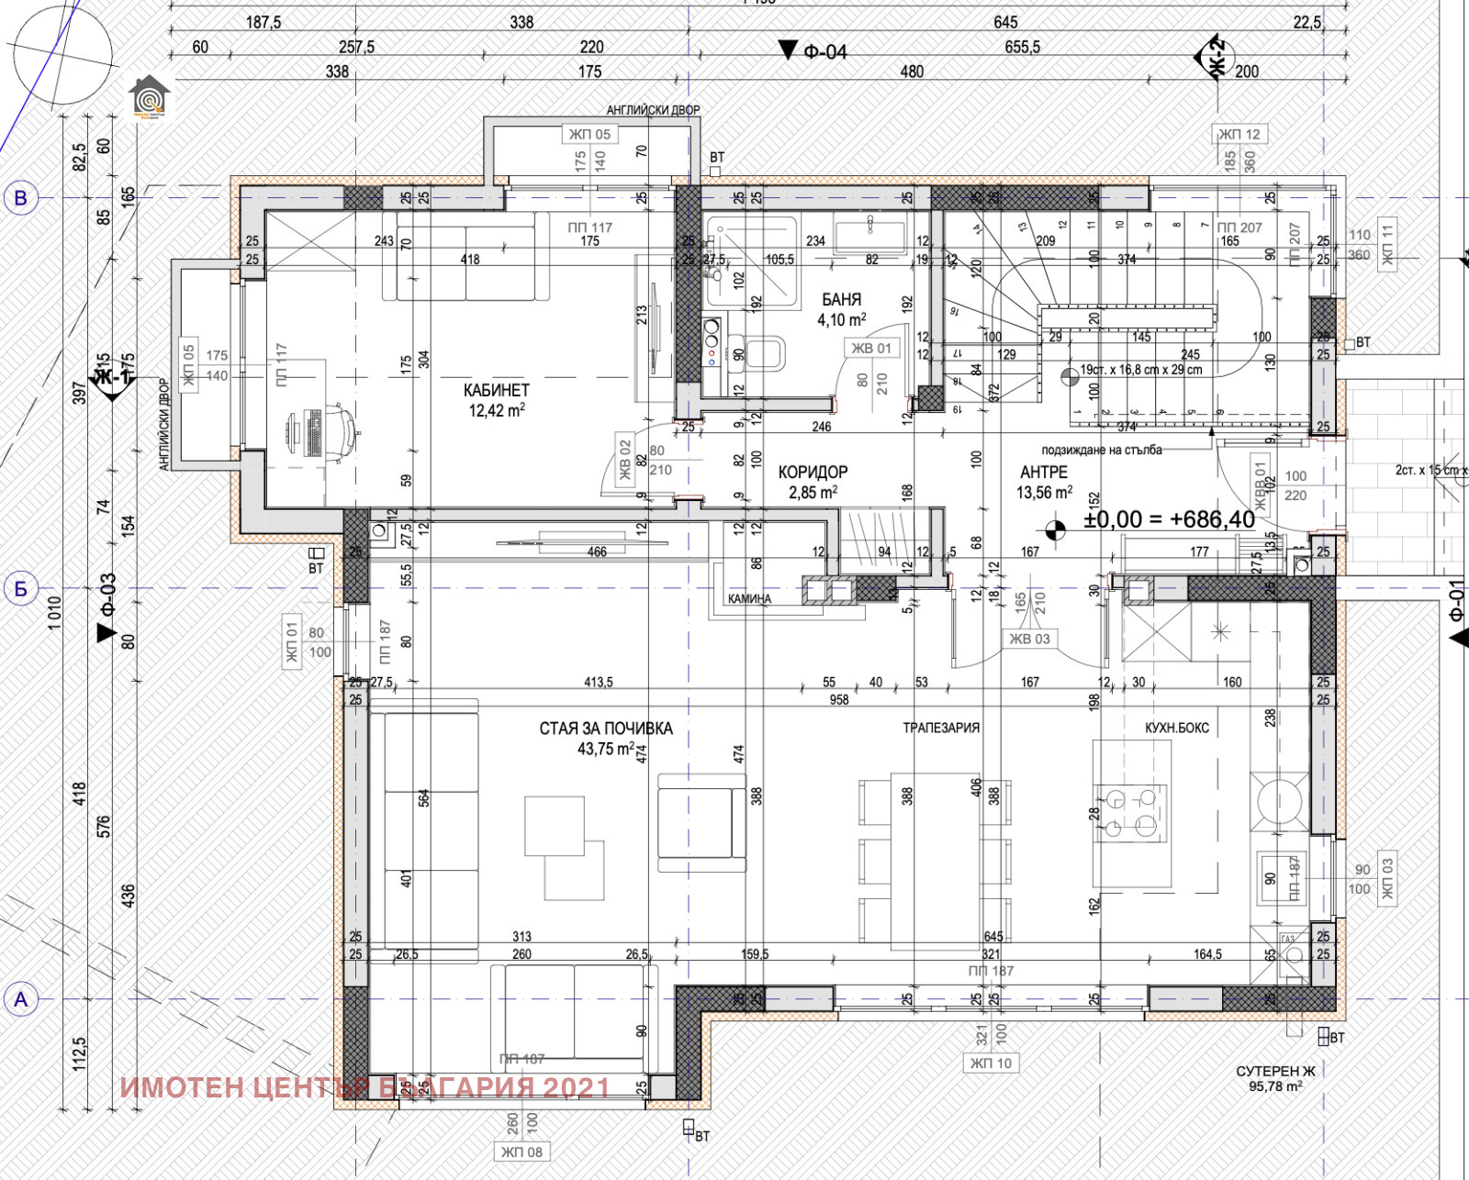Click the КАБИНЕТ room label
(496, 391)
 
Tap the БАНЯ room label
(841, 300)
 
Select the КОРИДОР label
(813, 473)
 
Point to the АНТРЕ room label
(1044, 473)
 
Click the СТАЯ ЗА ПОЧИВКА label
(605, 729)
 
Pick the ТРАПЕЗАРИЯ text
(941, 728)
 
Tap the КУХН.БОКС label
(1176, 728)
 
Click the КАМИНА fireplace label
(749, 599)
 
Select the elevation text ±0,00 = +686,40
(1169, 519)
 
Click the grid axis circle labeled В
(21, 197)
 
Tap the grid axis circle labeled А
(21, 999)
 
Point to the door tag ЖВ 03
(1029, 640)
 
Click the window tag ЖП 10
(991, 1063)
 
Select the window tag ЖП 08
(521, 1152)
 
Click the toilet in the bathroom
(764, 352)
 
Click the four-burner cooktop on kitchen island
(1131, 812)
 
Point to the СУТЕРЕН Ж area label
(1275, 1072)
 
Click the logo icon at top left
(149, 97)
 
